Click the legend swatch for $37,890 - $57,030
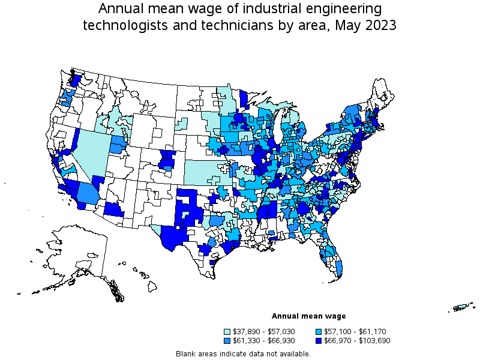[x=227, y=331]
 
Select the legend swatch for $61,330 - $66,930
[x=227, y=340]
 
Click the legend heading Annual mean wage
[x=308, y=316]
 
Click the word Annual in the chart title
[x=120, y=9]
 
